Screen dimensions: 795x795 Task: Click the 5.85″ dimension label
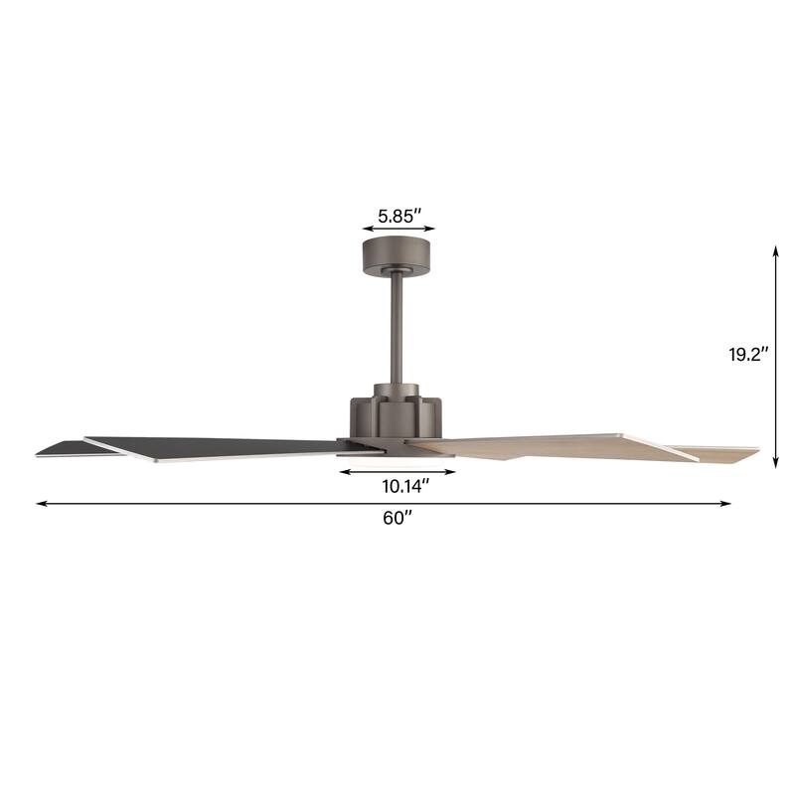tap(398, 214)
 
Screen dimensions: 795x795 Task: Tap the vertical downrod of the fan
tap(398, 328)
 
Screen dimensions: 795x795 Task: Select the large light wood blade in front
tap(556, 445)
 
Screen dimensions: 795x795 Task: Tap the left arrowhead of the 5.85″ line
tap(366, 230)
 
